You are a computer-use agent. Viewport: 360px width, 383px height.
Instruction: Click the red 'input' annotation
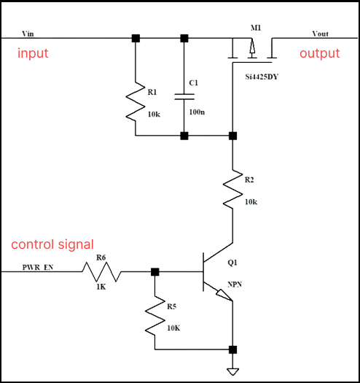pyautogui.click(x=34, y=54)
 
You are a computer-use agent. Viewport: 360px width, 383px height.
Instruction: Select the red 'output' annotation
pyautogui.click(x=319, y=54)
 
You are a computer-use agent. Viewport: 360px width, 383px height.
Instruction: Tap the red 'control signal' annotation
pyautogui.click(x=52, y=244)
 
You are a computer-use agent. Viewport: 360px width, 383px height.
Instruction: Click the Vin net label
pyautogui.click(x=28, y=34)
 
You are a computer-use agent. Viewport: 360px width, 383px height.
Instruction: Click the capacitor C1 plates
pyautogui.click(x=184, y=96)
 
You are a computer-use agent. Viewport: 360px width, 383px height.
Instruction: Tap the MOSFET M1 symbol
pyautogui.click(x=251, y=49)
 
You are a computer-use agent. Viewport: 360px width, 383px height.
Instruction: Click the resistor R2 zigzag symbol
pyautogui.click(x=232, y=188)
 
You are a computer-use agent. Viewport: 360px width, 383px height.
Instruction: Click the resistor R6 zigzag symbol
pyautogui.click(x=100, y=272)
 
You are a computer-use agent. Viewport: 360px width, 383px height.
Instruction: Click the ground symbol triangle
pyautogui.click(x=232, y=371)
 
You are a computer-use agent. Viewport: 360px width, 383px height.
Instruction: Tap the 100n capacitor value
pyautogui.click(x=197, y=112)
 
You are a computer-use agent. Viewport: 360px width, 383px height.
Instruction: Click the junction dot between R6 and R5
pyautogui.click(x=155, y=272)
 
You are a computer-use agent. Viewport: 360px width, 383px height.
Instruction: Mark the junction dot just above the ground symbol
pyautogui.click(x=232, y=349)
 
